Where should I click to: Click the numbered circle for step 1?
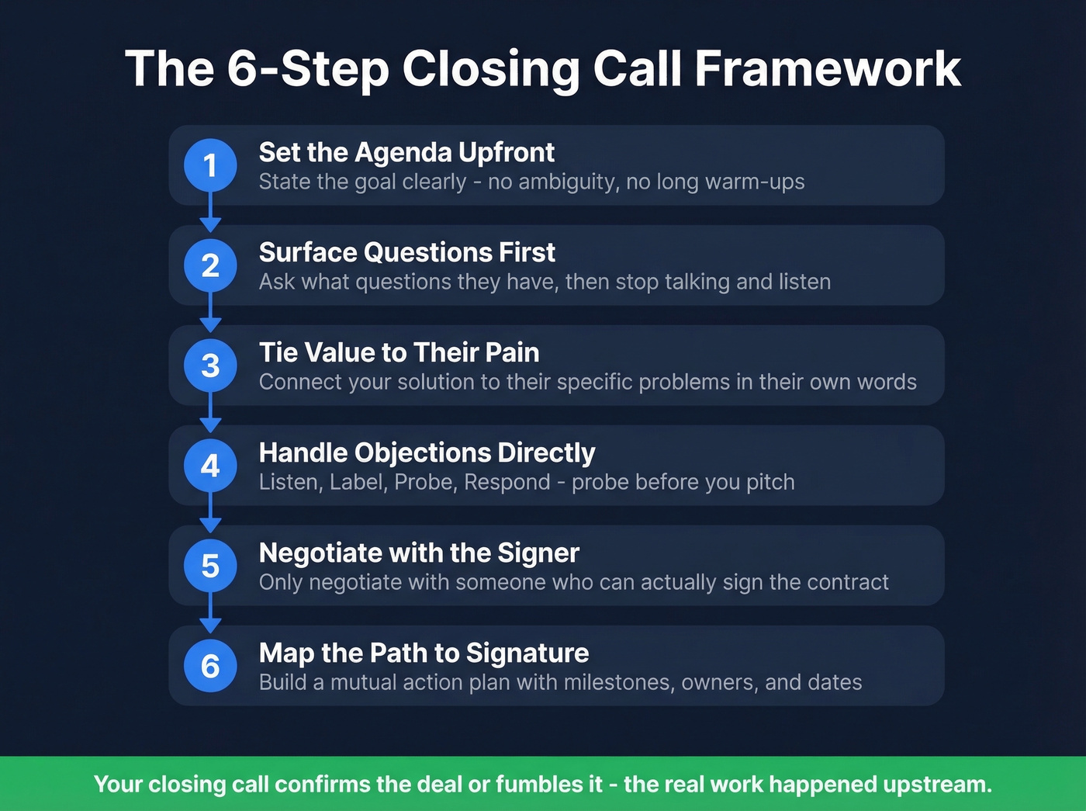pos(210,165)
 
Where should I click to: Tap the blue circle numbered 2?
pos(210,265)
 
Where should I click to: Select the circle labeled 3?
pos(210,366)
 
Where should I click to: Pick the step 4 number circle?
pos(210,466)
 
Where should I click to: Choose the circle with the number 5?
pos(210,566)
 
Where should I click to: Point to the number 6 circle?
pos(210,666)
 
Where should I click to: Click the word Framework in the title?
pos(828,68)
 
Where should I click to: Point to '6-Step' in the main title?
pos(308,68)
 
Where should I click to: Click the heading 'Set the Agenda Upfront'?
pos(406,152)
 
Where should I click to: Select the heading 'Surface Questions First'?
pos(406,252)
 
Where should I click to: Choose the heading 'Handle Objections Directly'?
pos(427,452)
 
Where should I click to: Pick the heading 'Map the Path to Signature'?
pos(424,653)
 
